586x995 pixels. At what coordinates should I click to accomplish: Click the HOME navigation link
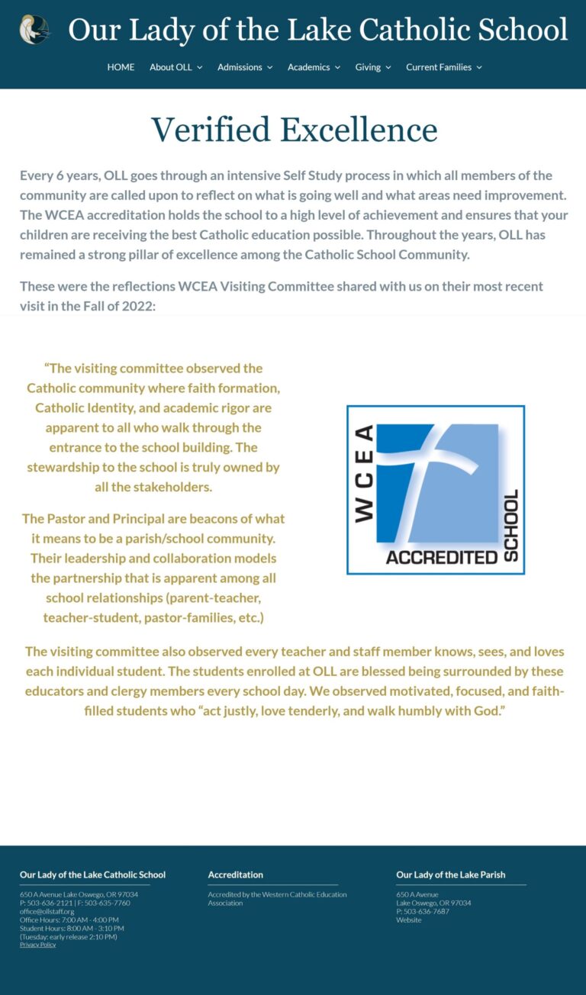point(121,67)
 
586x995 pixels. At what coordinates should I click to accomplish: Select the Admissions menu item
point(244,67)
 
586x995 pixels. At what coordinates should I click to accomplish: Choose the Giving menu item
point(372,67)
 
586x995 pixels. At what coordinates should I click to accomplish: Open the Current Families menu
point(443,67)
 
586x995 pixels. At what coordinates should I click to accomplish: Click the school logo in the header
point(34,30)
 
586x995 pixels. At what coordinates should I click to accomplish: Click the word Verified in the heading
point(211,130)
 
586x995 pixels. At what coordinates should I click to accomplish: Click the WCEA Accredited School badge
point(436,490)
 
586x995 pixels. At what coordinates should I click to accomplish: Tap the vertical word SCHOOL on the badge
point(511,526)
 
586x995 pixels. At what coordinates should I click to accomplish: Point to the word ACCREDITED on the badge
point(442,557)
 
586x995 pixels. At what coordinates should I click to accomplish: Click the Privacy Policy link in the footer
point(37,945)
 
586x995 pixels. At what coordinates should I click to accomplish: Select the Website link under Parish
point(408,920)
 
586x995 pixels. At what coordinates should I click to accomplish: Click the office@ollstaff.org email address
point(47,911)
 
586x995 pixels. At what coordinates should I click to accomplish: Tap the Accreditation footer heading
point(235,874)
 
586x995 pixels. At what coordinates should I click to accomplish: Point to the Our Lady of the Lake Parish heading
point(450,874)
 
